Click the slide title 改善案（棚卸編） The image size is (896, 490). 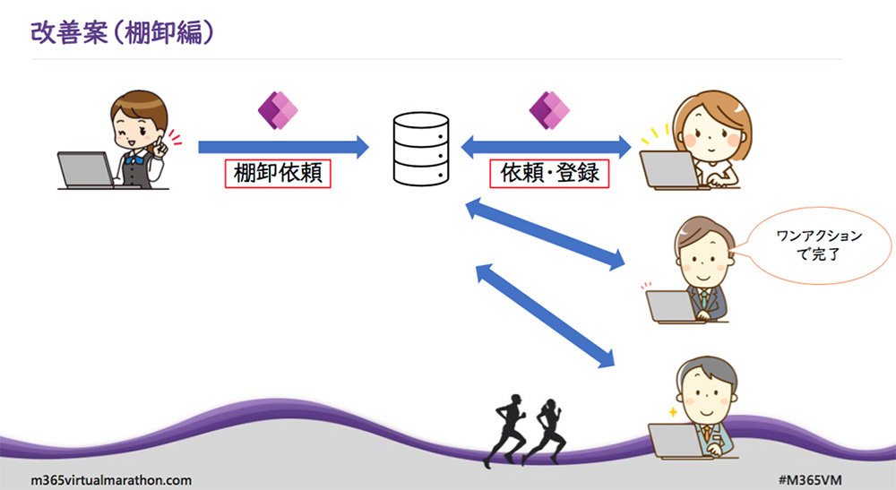(x=122, y=33)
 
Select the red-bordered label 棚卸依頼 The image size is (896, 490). (x=278, y=173)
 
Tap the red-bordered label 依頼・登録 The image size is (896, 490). (x=549, y=173)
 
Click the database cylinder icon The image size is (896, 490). (x=421, y=149)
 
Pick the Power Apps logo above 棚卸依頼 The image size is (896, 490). (x=278, y=109)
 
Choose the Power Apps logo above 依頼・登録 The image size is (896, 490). (x=549, y=109)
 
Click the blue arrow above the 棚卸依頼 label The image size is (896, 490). (x=283, y=147)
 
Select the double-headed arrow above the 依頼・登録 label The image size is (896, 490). (x=546, y=147)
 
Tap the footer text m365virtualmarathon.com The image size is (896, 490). (x=111, y=480)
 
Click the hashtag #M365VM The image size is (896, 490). (x=810, y=480)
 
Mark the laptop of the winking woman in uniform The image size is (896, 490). (x=87, y=170)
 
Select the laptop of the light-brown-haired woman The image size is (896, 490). (x=669, y=169)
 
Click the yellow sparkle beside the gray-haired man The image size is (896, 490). (x=673, y=412)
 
